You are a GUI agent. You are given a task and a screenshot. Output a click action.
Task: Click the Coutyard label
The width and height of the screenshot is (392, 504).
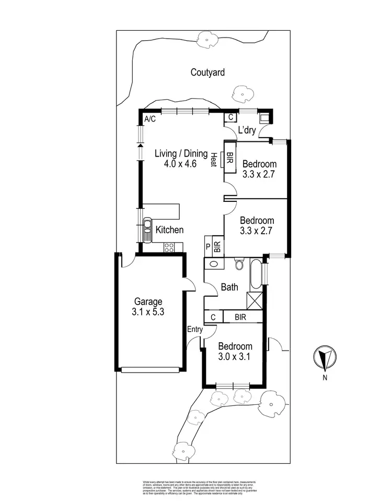(207, 73)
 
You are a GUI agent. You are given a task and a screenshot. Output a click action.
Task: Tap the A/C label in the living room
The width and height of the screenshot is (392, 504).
(150, 119)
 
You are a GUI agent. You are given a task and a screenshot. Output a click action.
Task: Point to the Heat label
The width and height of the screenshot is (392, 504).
(214, 159)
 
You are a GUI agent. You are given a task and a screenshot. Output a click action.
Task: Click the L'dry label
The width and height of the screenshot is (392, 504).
(247, 130)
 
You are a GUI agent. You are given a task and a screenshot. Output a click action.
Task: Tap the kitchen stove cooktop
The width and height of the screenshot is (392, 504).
(169, 248)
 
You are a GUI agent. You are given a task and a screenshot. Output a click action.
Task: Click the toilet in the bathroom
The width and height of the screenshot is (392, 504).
(240, 263)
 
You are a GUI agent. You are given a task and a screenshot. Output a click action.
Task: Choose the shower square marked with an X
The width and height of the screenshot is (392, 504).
(254, 301)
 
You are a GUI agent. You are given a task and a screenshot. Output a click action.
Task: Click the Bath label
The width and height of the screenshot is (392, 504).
(229, 286)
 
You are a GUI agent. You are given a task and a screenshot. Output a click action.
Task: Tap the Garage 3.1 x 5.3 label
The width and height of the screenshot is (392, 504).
(148, 306)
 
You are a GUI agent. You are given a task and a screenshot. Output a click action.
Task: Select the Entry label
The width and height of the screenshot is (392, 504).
(194, 329)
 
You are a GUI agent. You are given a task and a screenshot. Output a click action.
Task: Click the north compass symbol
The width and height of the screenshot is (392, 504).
(325, 358)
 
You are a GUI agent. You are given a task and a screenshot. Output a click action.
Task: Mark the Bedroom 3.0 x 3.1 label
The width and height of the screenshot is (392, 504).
(235, 351)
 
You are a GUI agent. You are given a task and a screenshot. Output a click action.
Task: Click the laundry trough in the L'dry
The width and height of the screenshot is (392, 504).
(266, 117)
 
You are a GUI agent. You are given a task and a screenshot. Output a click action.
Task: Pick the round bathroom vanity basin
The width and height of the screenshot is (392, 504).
(213, 263)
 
